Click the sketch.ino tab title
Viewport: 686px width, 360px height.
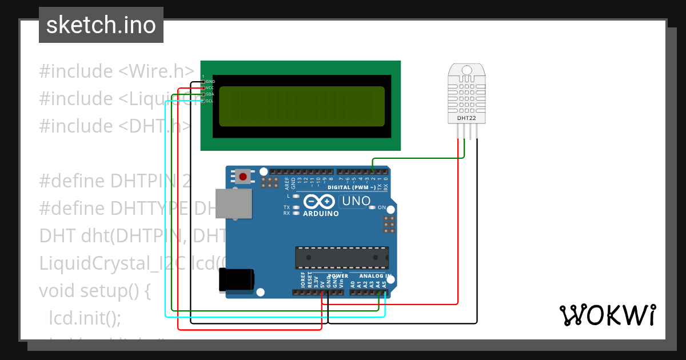coord(101,25)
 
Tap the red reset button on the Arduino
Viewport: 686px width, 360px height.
coord(243,176)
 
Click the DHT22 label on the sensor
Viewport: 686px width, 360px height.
coord(466,118)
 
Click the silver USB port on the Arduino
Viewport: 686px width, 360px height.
coord(233,204)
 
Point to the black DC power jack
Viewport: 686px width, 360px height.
coord(236,282)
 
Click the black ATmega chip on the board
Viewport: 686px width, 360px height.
coord(342,258)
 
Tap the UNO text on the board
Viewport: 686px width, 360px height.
coord(356,201)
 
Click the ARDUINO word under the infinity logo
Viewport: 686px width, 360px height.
coord(321,214)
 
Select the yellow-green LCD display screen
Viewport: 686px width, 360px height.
coord(302,106)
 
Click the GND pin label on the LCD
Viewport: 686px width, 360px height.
coord(210,82)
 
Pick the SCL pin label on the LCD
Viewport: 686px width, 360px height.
coord(209,101)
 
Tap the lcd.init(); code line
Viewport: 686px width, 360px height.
coord(85,318)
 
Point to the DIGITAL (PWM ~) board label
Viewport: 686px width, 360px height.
coord(352,187)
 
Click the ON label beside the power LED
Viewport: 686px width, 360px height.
coord(382,207)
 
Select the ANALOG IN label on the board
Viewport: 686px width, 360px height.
coord(374,276)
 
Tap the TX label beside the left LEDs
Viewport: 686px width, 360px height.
coord(286,207)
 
